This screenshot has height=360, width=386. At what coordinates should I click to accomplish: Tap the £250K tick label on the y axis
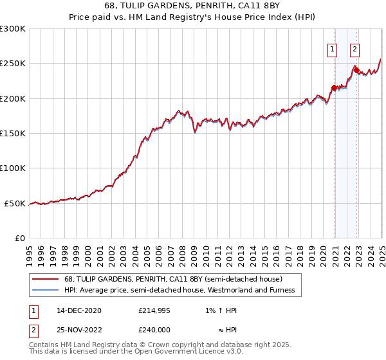pyautogui.click(x=13, y=64)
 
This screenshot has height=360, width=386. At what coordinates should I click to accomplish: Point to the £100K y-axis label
pyautogui.click(x=13, y=168)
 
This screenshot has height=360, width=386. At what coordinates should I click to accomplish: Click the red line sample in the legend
pyautogui.click(x=45, y=279)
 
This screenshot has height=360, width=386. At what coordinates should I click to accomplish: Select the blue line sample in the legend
pyautogui.click(x=45, y=290)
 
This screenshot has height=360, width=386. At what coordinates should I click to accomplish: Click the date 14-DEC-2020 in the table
pyautogui.click(x=78, y=310)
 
